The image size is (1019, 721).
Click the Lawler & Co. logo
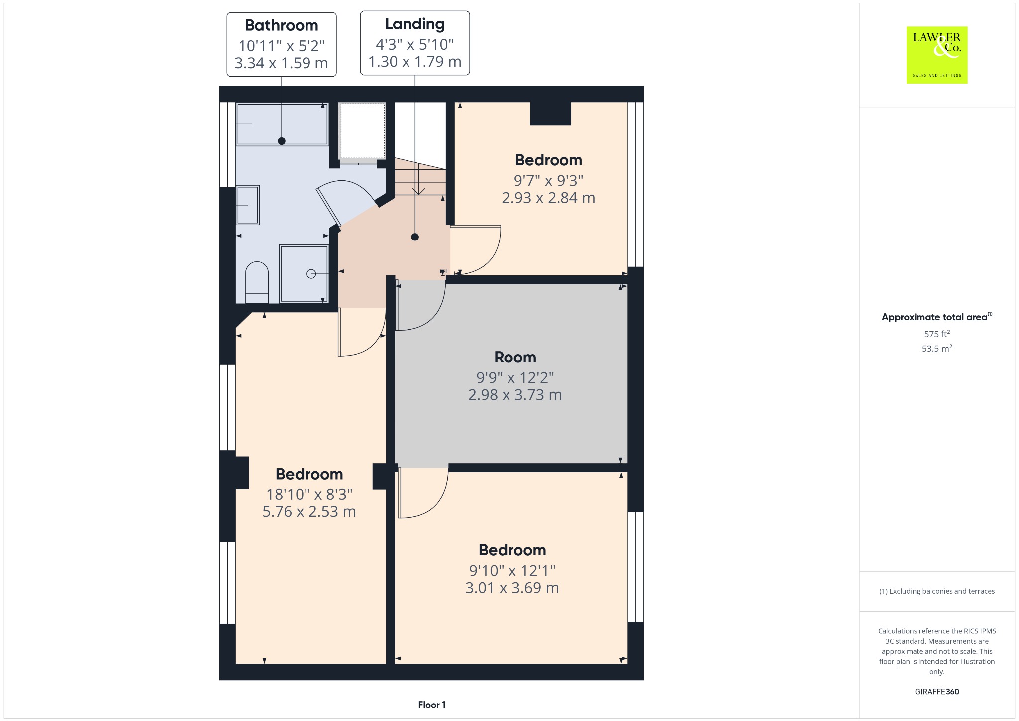(x=937, y=55)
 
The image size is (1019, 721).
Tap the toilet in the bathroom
(x=257, y=282)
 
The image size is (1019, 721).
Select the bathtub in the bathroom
(x=282, y=124)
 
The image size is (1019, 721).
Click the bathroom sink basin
(x=247, y=205)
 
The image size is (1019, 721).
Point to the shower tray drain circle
(x=311, y=273)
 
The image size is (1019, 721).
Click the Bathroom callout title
(x=282, y=25)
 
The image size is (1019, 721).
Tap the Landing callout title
(x=415, y=24)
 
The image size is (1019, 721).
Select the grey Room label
(x=515, y=357)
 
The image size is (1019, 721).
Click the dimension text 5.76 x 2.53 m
(x=309, y=512)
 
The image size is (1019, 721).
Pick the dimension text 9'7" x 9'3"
(x=548, y=180)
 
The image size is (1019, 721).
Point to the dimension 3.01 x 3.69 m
(x=512, y=588)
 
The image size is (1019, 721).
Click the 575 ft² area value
(x=937, y=334)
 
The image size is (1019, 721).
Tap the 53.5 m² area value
(x=937, y=348)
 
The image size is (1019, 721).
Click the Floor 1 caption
(x=432, y=705)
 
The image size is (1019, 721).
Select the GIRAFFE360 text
(x=937, y=691)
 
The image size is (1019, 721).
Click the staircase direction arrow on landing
(x=419, y=179)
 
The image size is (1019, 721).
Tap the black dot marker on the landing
(x=415, y=237)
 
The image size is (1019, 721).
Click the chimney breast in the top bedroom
(x=550, y=114)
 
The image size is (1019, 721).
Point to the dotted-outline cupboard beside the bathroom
(x=362, y=130)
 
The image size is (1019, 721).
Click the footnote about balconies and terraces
(x=937, y=591)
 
